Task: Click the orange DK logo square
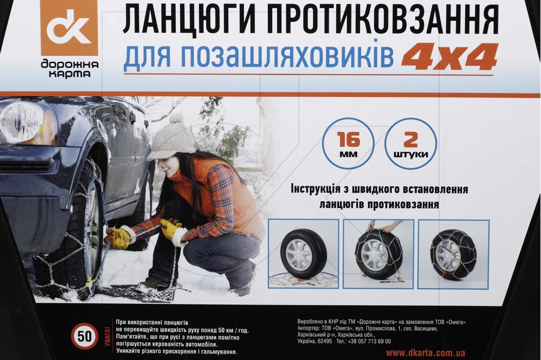tap(70, 28)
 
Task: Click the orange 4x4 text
tap(450, 56)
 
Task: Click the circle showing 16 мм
tap(348, 144)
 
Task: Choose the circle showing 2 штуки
tap(411, 144)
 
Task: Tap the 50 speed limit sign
tap(84, 336)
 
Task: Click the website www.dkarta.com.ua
tap(425, 353)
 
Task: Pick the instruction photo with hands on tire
tap(379, 254)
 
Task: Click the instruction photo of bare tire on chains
tap(304, 254)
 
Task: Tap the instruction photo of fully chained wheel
tap(454, 255)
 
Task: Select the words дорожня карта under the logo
tap(70, 69)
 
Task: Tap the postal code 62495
tap(324, 342)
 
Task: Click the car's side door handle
tap(133, 118)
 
